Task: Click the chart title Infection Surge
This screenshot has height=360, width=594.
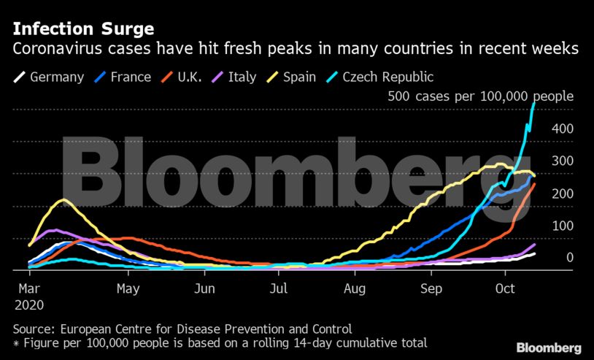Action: pyautogui.click(x=82, y=30)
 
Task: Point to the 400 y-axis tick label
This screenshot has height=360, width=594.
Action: pyautogui.click(x=563, y=129)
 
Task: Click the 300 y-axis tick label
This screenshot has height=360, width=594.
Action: pyautogui.click(x=563, y=161)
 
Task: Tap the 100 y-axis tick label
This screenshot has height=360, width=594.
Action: pyautogui.click(x=563, y=225)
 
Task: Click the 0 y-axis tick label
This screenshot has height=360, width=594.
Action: pyautogui.click(x=570, y=257)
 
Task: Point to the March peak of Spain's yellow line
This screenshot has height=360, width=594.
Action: pyautogui.click(x=63, y=199)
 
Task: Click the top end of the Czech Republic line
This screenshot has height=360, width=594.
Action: pyautogui.click(x=534, y=104)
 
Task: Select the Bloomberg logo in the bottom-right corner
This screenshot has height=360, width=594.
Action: pyautogui.click(x=549, y=347)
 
